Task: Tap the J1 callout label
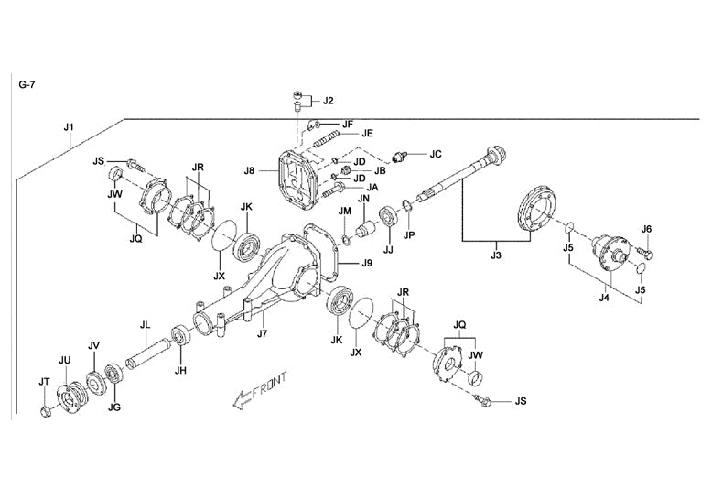pyautogui.click(x=69, y=125)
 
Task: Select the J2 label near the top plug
pyautogui.click(x=328, y=100)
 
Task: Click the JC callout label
pyautogui.click(x=436, y=154)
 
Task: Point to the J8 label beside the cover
pyautogui.click(x=249, y=169)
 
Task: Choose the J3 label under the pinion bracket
pyautogui.click(x=496, y=255)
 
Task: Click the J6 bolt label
pyautogui.click(x=646, y=229)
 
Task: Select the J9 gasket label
pyautogui.click(x=365, y=264)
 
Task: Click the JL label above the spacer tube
pyautogui.click(x=145, y=325)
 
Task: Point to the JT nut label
pyautogui.click(x=44, y=381)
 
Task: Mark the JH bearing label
pyautogui.click(x=181, y=370)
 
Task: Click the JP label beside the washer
pyautogui.click(x=410, y=234)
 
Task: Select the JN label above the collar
pyautogui.click(x=363, y=199)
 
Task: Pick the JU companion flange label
pyautogui.click(x=65, y=359)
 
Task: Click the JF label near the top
pyautogui.click(x=348, y=124)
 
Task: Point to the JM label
pyautogui.click(x=344, y=211)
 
